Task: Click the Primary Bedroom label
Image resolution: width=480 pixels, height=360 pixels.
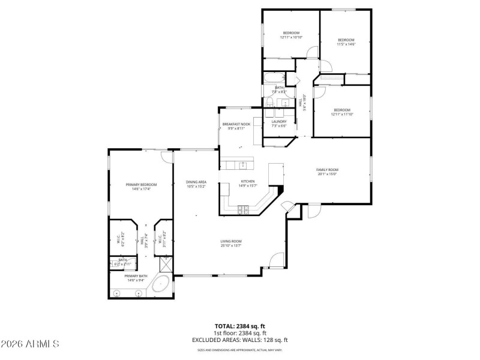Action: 141,184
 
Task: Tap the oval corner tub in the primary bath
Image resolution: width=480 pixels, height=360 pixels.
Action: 160,284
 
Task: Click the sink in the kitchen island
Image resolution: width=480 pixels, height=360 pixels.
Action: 244,165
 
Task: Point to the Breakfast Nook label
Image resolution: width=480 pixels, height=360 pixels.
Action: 236,124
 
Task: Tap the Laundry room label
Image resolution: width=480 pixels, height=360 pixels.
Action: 279,122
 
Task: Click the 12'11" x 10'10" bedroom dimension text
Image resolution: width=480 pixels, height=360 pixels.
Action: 291,37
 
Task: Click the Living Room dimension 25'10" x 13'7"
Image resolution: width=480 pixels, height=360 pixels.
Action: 231,245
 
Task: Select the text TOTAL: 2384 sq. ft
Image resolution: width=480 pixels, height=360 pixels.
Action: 239,326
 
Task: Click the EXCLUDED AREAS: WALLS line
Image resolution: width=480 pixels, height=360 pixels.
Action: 239,340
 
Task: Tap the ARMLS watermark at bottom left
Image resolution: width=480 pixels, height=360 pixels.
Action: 30,344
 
